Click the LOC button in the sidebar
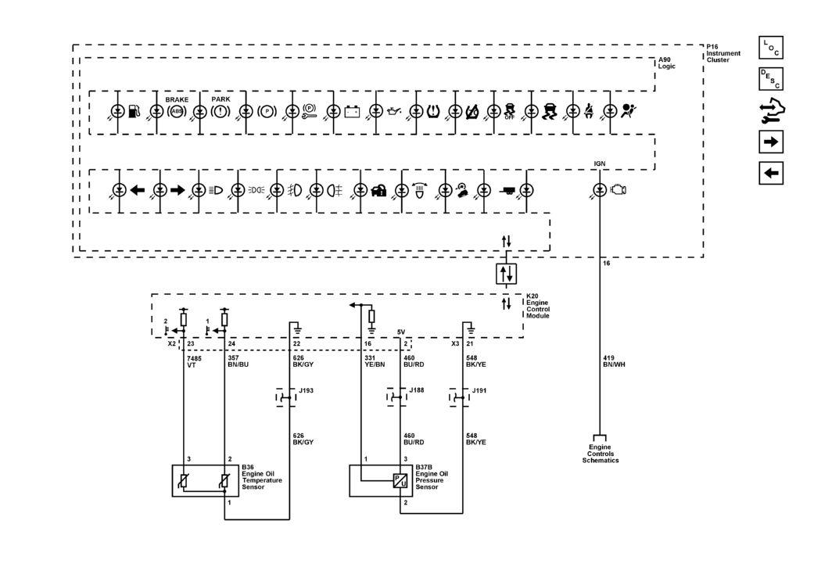pyautogui.click(x=771, y=48)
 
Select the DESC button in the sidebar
pyautogui.click(x=771, y=79)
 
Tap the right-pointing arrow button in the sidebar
pyautogui.click(x=771, y=142)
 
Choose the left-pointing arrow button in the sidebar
pyautogui.click(x=771, y=174)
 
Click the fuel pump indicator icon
pyautogui.click(x=135, y=111)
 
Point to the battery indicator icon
pyautogui.click(x=353, y=112)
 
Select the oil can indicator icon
pyautogui.click(x=394, y=112)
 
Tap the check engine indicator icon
pyautogui.click(x=618, y=189)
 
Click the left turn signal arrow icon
pyautogui.click(x=137, y=190)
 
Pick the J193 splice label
pyautogui.click(x=306, y=390)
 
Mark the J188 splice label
pyautogui.click(x=417, y=390)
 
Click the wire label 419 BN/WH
pyautogui.click(x=614, y=361)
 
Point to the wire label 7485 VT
pyautogui.click(x=194, y=361)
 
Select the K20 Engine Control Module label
pyautogui.click(x=538, y=306)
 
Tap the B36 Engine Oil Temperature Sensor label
pyautogui.click(x=262, y=477)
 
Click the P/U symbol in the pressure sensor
pyautogui.click(x=400, y=480)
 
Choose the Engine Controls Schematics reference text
pyautogui.click(x=601, y=454)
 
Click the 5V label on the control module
pyautogui.click(x=401, y=332)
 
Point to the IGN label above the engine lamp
pyautogui.click(x=600, y=164)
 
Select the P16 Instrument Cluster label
pyautogui.click(x=723, y=53)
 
